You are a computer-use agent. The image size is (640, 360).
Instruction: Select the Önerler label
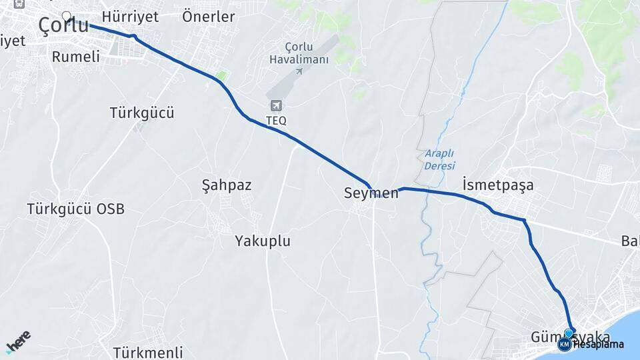point(208,17)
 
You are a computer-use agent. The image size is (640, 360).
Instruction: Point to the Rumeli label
point(75,57)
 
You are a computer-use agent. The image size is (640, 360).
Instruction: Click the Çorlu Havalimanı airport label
point(299,53)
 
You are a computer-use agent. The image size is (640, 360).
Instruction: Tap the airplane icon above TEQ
point(276,105)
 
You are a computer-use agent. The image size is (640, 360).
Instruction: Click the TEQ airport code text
point(276,121)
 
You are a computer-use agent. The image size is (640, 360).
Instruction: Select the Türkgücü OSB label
point(75,209)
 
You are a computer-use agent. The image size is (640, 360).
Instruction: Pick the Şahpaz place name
point(227,185)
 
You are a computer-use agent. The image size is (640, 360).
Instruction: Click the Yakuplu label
point(263,241)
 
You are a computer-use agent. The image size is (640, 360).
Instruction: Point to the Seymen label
point(371,193)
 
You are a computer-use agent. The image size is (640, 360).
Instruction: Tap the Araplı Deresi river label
point(439,159)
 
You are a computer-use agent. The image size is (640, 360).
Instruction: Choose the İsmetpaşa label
point(497,185)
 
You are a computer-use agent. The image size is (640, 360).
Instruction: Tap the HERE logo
point(18,341)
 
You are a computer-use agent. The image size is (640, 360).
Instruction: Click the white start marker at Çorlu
point(66,15)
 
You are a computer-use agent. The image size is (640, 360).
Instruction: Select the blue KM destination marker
point(564,344)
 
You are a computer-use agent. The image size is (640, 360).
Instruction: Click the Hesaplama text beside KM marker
point(598,344)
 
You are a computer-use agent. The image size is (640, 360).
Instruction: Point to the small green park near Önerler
point(221,76)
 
